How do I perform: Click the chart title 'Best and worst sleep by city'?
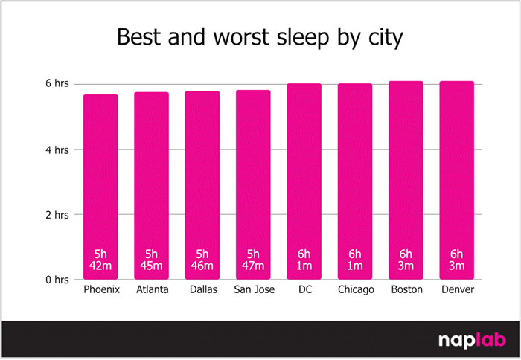pos(260,37)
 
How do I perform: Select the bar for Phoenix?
pos(100,186)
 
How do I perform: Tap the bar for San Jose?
pos(253,186)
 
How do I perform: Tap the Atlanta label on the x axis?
pos(151,289)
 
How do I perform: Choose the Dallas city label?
pos(202,289)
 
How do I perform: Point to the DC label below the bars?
pos(304,289)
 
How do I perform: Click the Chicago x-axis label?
pos(355,289)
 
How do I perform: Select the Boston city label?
pos(406,289)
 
